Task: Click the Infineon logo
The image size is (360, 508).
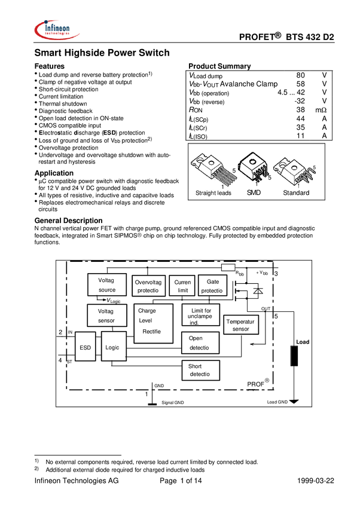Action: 56,29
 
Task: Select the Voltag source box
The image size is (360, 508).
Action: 107,284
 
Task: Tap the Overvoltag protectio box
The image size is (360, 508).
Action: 148,286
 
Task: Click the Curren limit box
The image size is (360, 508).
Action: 182,286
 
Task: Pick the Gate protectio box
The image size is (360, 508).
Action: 212,286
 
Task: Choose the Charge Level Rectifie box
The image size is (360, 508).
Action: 153,323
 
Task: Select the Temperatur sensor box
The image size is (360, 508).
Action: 241,325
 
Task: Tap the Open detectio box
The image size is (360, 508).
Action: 200,342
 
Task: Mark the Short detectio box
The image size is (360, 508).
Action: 200,370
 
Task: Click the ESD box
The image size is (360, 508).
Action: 84,347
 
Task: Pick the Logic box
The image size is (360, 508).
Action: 113,347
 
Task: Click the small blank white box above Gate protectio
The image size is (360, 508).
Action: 228,267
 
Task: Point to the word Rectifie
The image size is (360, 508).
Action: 152,331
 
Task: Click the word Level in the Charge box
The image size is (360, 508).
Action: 146,321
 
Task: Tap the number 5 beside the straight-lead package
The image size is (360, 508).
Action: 234,171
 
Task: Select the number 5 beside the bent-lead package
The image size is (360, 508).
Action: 314,168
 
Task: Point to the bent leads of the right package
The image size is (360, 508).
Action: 309,177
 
